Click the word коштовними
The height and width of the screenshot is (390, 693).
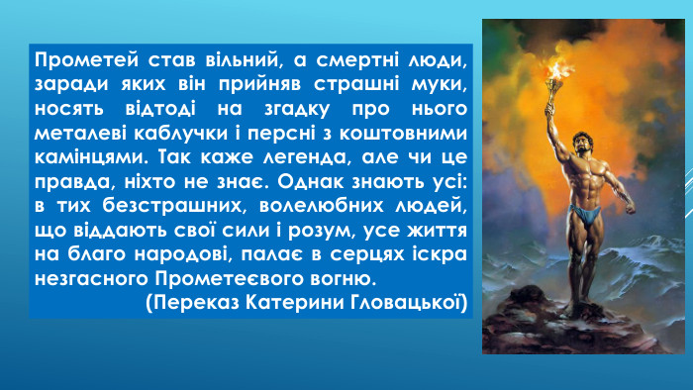[407, 131]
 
